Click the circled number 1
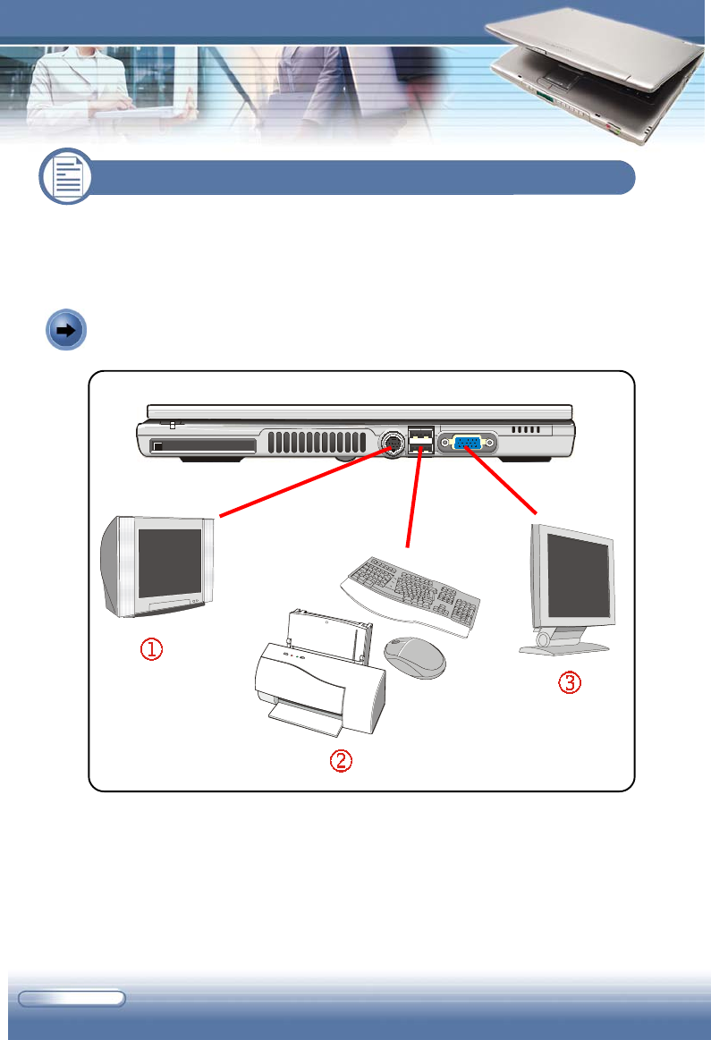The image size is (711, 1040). [149, 650]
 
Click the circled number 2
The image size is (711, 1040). [341, 761]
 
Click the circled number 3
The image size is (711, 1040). [570, 682]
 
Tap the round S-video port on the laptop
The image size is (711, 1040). [391, 444]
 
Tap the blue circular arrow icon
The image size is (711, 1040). [65, 329]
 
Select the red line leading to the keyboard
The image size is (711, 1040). [412, 501]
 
